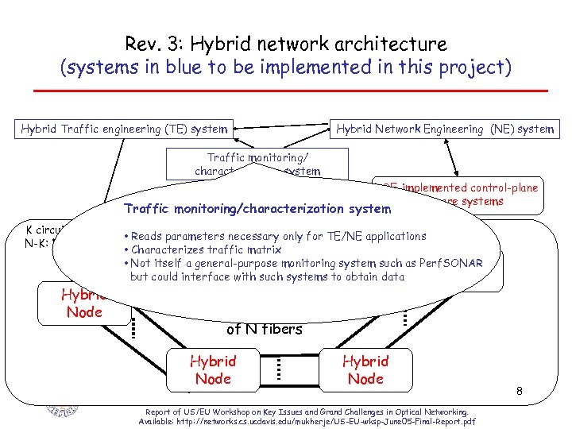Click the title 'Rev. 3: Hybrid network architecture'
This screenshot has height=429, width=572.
click(286, 44)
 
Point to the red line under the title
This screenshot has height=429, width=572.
click(286, 92)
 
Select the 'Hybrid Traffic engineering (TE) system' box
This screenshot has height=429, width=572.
click(125, 129)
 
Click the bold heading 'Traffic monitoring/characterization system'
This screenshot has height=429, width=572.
click(257, 210)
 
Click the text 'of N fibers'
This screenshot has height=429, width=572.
click(265, 328)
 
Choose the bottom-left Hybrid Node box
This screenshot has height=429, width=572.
click(212, 370)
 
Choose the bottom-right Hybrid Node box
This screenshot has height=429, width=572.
click(365, 370)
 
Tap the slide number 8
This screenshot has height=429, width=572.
click(519, 391)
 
